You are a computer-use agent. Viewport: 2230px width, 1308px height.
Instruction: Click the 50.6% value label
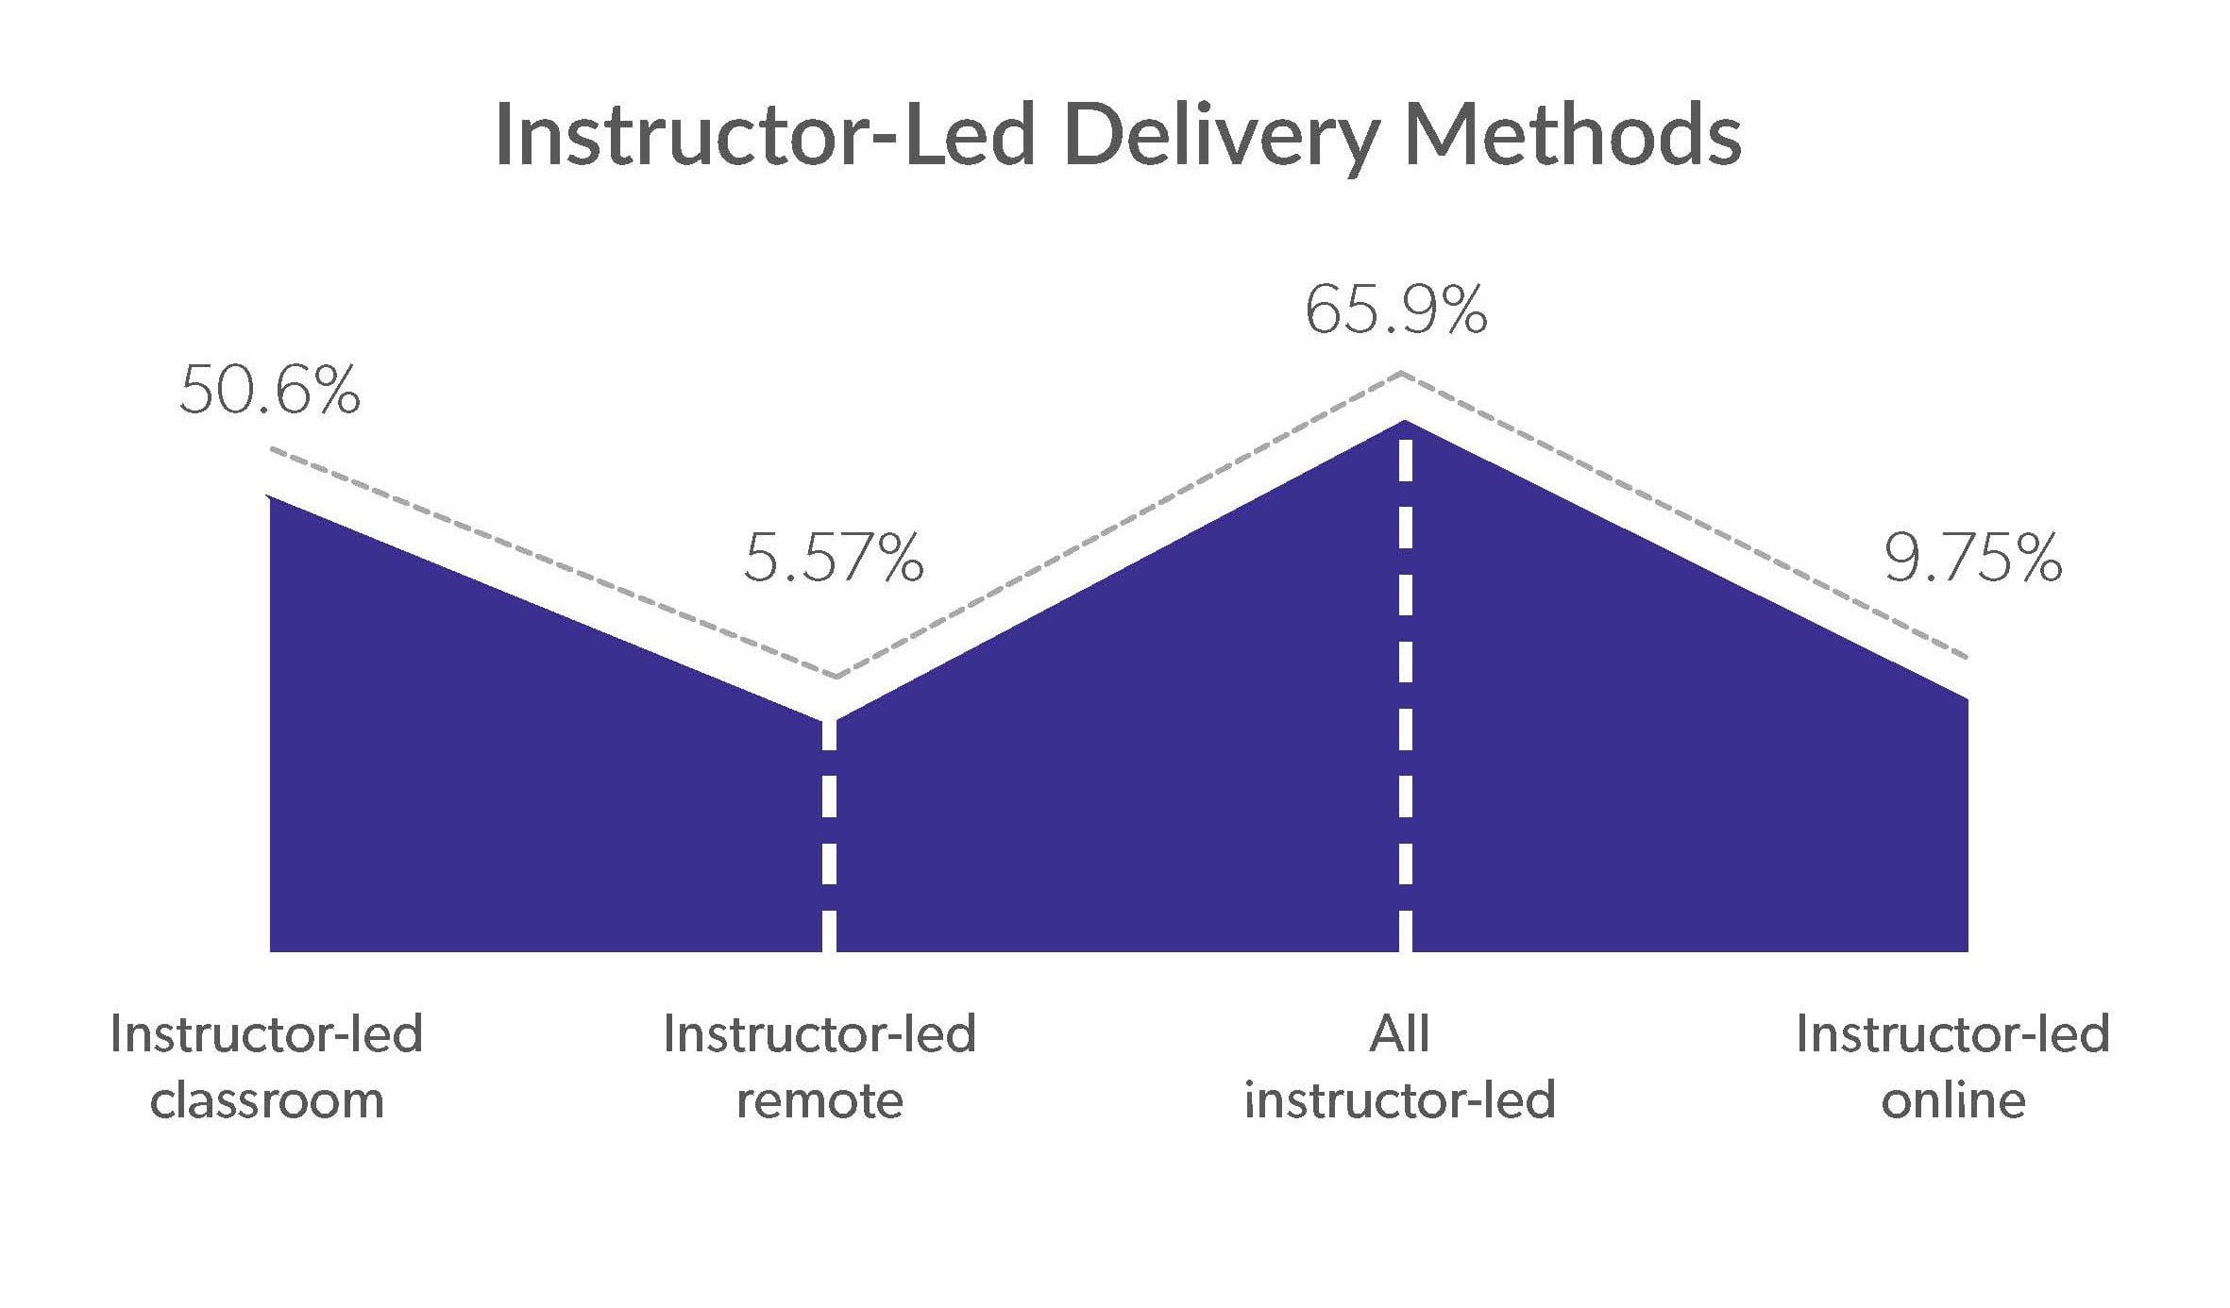pyautogui.click(x=269, y=391)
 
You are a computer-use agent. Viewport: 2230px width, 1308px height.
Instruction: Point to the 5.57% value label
pyautogui.click(x=833, y=558)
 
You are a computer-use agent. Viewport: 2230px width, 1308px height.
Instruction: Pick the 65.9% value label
pyautogui.click(x=1395, y=311)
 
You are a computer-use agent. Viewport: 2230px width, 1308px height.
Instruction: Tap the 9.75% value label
pyautogui.click(x=1972, y=558)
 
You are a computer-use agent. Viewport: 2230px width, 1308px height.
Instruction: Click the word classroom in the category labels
pyautogui.click(x=267, y=1100)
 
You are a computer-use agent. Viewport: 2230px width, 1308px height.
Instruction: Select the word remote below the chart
pyautogui.click(x=819, y=1100)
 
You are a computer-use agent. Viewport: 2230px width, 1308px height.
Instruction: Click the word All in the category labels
pyautogui.click(x=1399, y=1034)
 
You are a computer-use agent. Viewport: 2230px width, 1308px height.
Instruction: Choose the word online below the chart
pyautogui.click(x=1952, y=1100)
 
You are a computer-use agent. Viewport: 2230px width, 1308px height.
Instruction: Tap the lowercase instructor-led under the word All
pyautogui.click(x=1399, y=1100)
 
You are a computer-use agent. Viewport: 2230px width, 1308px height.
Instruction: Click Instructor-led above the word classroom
pyautogui.click(x=266, y=1034)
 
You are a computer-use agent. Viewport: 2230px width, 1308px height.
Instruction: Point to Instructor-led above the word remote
pyautogui.click(x=819, y=1034)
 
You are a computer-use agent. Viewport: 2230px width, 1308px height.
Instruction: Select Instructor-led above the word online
pyautogui.click(x=1952, y=1034)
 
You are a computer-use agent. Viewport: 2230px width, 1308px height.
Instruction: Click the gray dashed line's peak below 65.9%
pyautogui.click(x=1402, y=375)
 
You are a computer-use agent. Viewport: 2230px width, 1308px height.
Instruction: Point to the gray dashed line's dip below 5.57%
pyautogui.click(x=835, y=677)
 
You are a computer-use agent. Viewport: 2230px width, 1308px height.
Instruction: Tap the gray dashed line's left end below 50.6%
pyautogui.click(x=273, y=449)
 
